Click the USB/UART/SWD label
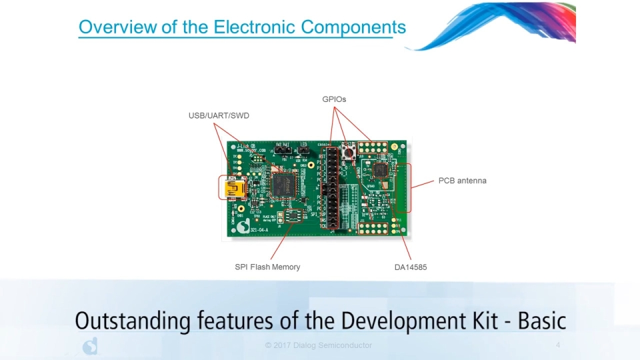(x=219, y=116)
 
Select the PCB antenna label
(x=462, y=181)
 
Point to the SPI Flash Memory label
(x=267, y=267)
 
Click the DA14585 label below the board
(x=411, y=267)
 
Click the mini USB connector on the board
(x=234, y=188)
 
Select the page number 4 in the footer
(x=558, y=345)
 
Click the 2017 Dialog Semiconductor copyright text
(x=318, y=345)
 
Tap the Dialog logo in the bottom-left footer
(x=90, y=345)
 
